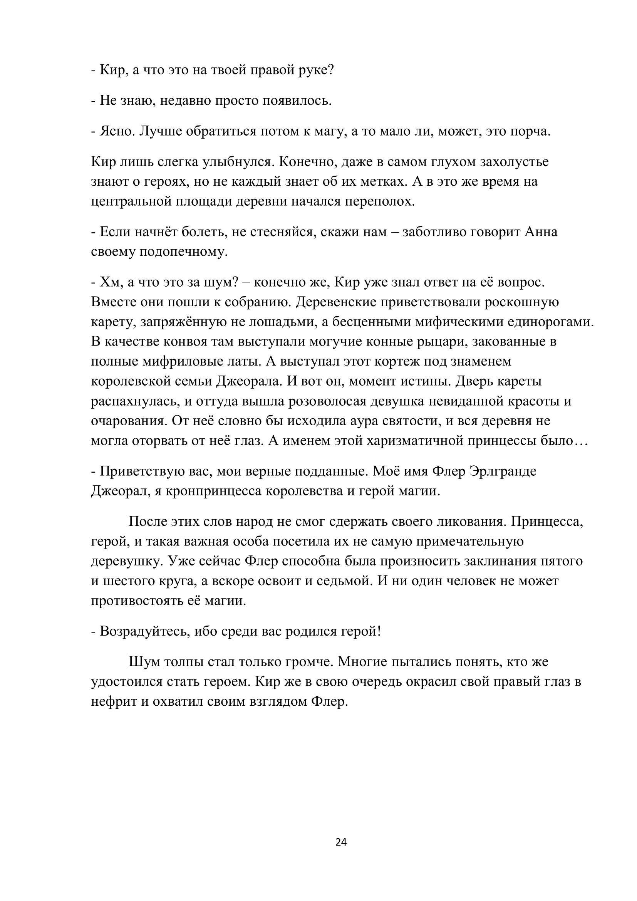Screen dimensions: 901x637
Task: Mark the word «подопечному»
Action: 183,252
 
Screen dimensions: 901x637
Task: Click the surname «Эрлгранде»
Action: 503,471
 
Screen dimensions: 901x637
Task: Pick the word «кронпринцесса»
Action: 213,491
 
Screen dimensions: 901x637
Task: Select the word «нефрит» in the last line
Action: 114,701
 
